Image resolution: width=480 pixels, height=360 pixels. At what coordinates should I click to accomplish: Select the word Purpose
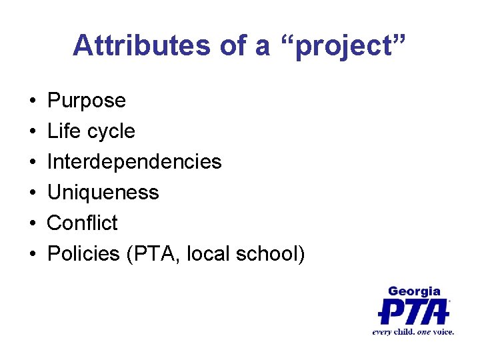point(87,101)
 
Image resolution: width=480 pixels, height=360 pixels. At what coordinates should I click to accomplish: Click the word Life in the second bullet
point(64,131)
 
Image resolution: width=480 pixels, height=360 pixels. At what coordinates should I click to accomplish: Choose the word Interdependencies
point(134,162)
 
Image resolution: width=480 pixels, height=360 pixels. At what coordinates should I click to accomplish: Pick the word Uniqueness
point(103,193)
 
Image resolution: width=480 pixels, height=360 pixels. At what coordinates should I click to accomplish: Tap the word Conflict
point(83,223)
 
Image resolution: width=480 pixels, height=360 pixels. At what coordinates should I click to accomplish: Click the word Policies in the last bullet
point(84,253)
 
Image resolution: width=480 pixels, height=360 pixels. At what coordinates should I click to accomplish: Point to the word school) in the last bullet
point(271,253)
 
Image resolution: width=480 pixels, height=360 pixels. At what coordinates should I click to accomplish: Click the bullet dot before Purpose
point(33,101)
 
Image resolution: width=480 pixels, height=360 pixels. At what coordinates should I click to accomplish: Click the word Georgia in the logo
point(414,291)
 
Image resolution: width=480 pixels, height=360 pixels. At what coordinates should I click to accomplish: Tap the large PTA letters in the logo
point(413,311)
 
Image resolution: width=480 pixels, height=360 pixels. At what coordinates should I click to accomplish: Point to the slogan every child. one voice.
point(413,331)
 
